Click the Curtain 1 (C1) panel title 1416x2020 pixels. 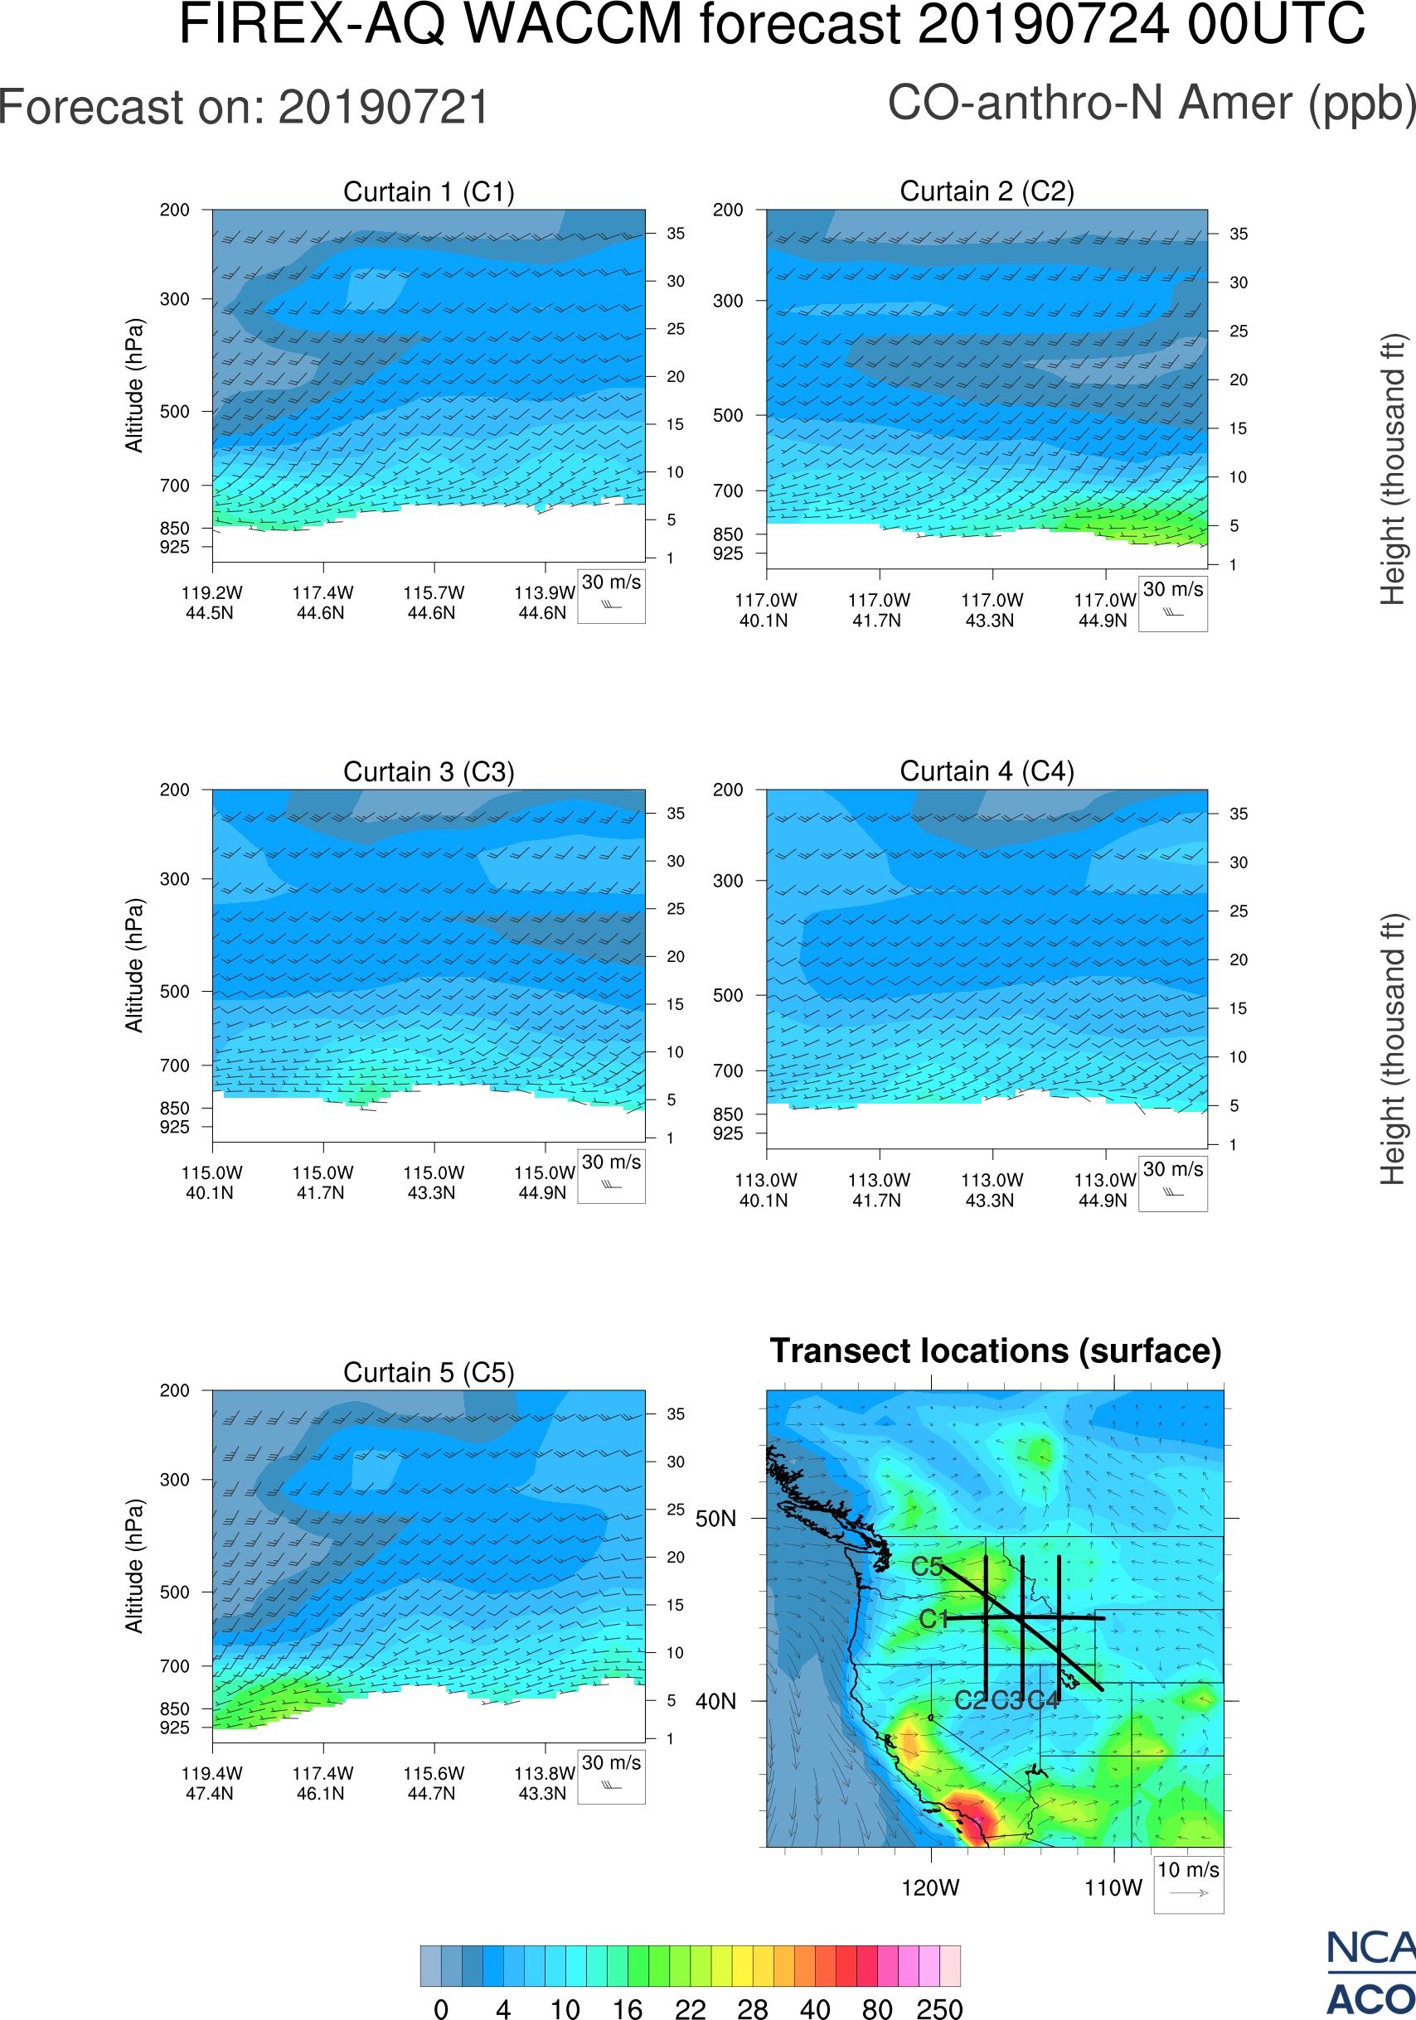(x=429, y=191)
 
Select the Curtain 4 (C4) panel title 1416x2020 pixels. (x=987, y=771)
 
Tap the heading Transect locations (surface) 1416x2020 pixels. (x=996, y=1351)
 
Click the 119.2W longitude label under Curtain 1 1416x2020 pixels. (x=211, y=593)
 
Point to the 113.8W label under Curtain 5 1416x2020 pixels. (x=544, y=1774)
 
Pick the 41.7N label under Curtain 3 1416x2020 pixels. (x=320, y=1193)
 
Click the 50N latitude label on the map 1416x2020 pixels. (x=715, y=1519)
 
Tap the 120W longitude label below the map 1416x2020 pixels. (x=930, y=1888)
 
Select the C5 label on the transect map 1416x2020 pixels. (x=927, y=1566)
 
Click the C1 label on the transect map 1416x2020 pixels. (x=933, y=1619)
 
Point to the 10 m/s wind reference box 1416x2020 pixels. (x=1188, y=1883)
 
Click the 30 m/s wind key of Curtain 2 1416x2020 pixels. (x=1172, y=602)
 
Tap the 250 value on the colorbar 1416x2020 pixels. (x=939, y=2008)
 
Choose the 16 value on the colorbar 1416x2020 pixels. (x=627, y=2008)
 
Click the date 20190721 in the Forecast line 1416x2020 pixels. (x=384, y=108)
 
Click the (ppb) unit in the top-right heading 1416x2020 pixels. (x=1362, y=104)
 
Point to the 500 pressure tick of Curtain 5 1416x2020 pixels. (x=174, y=1592)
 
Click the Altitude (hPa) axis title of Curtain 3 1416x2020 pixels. (x=133, y=965)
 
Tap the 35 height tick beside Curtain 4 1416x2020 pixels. (x=1239, y=814)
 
